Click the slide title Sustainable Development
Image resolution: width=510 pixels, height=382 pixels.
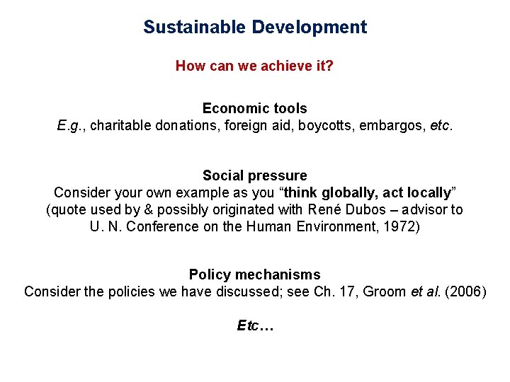255,28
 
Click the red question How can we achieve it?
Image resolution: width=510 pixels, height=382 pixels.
255,66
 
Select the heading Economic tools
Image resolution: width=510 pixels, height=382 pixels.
255,108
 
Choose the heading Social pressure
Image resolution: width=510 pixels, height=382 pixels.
255,175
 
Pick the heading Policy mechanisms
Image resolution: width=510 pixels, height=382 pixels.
255,274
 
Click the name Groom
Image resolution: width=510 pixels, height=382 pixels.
385,292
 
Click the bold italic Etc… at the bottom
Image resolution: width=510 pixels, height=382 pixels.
255,326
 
